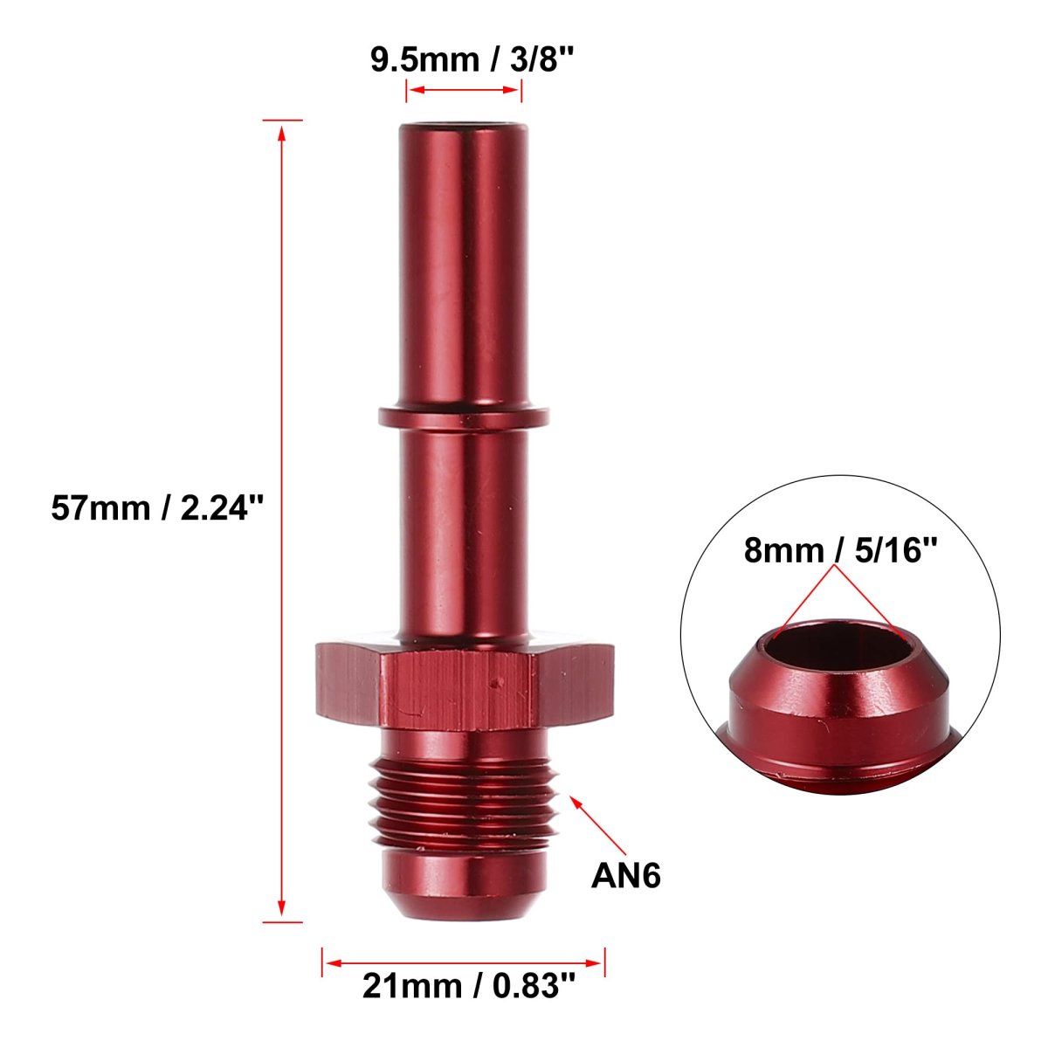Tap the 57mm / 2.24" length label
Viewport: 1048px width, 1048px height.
click(157, 508)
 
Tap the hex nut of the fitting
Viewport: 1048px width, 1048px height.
click(465, 686)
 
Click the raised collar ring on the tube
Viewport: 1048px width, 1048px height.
click(464, 417)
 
